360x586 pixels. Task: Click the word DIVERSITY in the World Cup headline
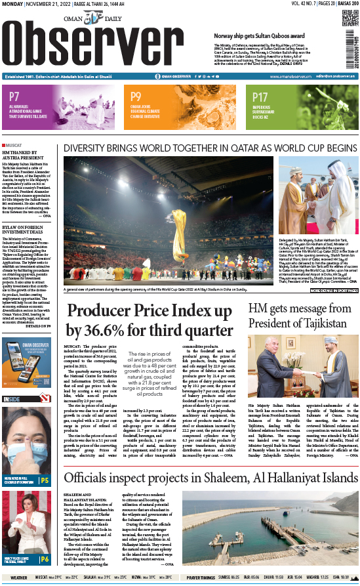click(90, 149)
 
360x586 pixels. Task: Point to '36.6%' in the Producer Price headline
click(115, 331)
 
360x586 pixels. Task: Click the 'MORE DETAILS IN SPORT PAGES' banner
click(334, 290)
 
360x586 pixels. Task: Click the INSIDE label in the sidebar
click(12, 398)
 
